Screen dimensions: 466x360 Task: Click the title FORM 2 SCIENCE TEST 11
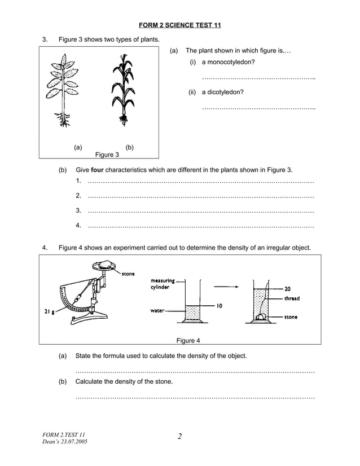[x=179, y=25]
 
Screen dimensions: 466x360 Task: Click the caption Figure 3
[x=107, y=155]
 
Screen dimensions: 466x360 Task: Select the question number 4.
[x=45, y=247]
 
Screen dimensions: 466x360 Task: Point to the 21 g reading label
[x=49, y=311]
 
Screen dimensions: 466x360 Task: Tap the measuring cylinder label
[x=163, y=283]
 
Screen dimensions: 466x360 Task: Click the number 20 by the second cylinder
[x=288, y=289]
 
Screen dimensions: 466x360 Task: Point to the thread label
[x=292, y=298]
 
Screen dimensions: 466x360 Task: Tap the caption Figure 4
[x=188, y=340]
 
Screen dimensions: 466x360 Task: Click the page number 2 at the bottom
[x=180, y=436]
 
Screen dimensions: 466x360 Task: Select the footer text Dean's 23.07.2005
[x=65, y=441]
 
